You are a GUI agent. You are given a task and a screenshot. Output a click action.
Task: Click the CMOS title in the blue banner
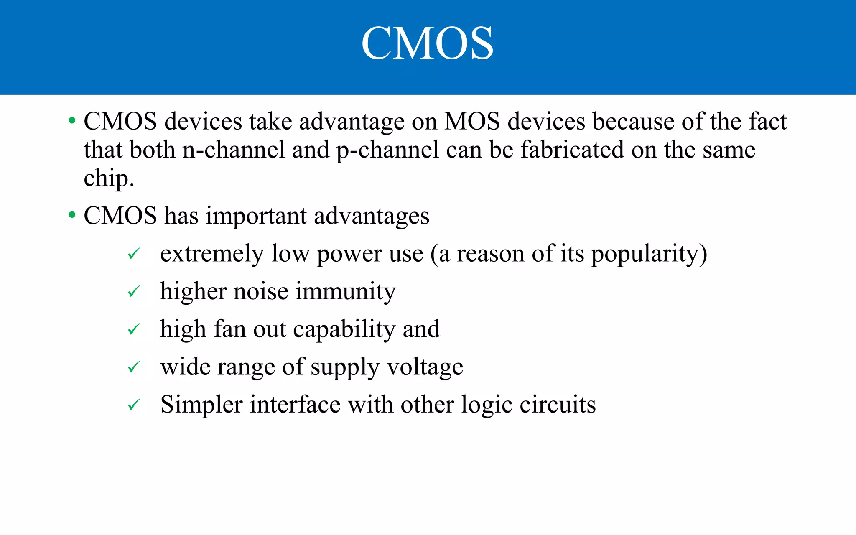pos(427,43)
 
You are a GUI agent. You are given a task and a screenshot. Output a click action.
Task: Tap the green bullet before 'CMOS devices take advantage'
pos(72,121)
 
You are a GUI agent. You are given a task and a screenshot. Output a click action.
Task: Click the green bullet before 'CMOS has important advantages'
pos(72,216)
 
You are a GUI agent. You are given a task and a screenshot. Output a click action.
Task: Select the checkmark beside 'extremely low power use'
pos(133,253)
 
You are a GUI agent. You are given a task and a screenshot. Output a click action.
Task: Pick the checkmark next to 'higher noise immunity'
pos(133,291)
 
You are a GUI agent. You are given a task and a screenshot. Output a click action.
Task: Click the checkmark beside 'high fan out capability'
pos(133,329)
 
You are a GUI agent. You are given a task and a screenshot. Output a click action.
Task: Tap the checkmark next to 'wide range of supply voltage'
pos(133,367)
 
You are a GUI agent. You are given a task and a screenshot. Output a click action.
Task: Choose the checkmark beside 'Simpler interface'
pos(133,405)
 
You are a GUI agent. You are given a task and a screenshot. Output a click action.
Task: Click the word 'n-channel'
pos(234,150)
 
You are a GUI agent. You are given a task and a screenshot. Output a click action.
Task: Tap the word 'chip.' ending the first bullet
pos(109,179)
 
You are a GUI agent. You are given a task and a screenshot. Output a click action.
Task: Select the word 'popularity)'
pos(649,254)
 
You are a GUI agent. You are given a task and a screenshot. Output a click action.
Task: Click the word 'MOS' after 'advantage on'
pos(472,122)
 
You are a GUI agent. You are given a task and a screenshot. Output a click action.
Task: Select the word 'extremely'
pos(212,254)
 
